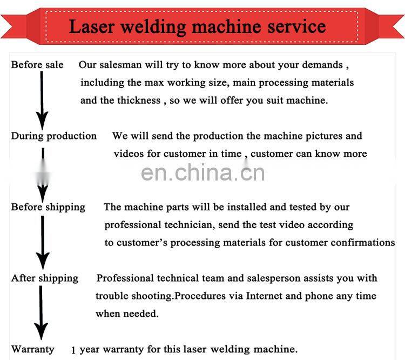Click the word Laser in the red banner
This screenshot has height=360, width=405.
(x=92, y=26)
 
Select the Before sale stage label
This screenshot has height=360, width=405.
(x=37, y=65)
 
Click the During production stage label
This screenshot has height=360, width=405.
(x=53, y=136)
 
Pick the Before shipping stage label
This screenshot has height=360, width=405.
(x=48, y=208)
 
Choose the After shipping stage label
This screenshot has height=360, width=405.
(x=45, y=278)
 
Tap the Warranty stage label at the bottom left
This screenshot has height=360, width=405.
(x=32, y=349)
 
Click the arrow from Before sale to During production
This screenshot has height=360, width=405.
(x=42, y=101)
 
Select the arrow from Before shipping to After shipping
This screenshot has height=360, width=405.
(x=43, y=243)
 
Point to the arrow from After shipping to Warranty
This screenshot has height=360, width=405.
(x=41, y=312)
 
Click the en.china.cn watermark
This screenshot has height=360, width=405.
(x=203, y=173)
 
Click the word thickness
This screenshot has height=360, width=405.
(x=139, y=101)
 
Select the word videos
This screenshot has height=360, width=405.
(x=129, y=154)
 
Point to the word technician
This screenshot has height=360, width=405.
(x=190, y=225)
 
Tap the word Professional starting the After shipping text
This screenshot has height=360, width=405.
(x=125, y=278)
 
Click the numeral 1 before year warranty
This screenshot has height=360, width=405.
(x=73, y=350)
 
